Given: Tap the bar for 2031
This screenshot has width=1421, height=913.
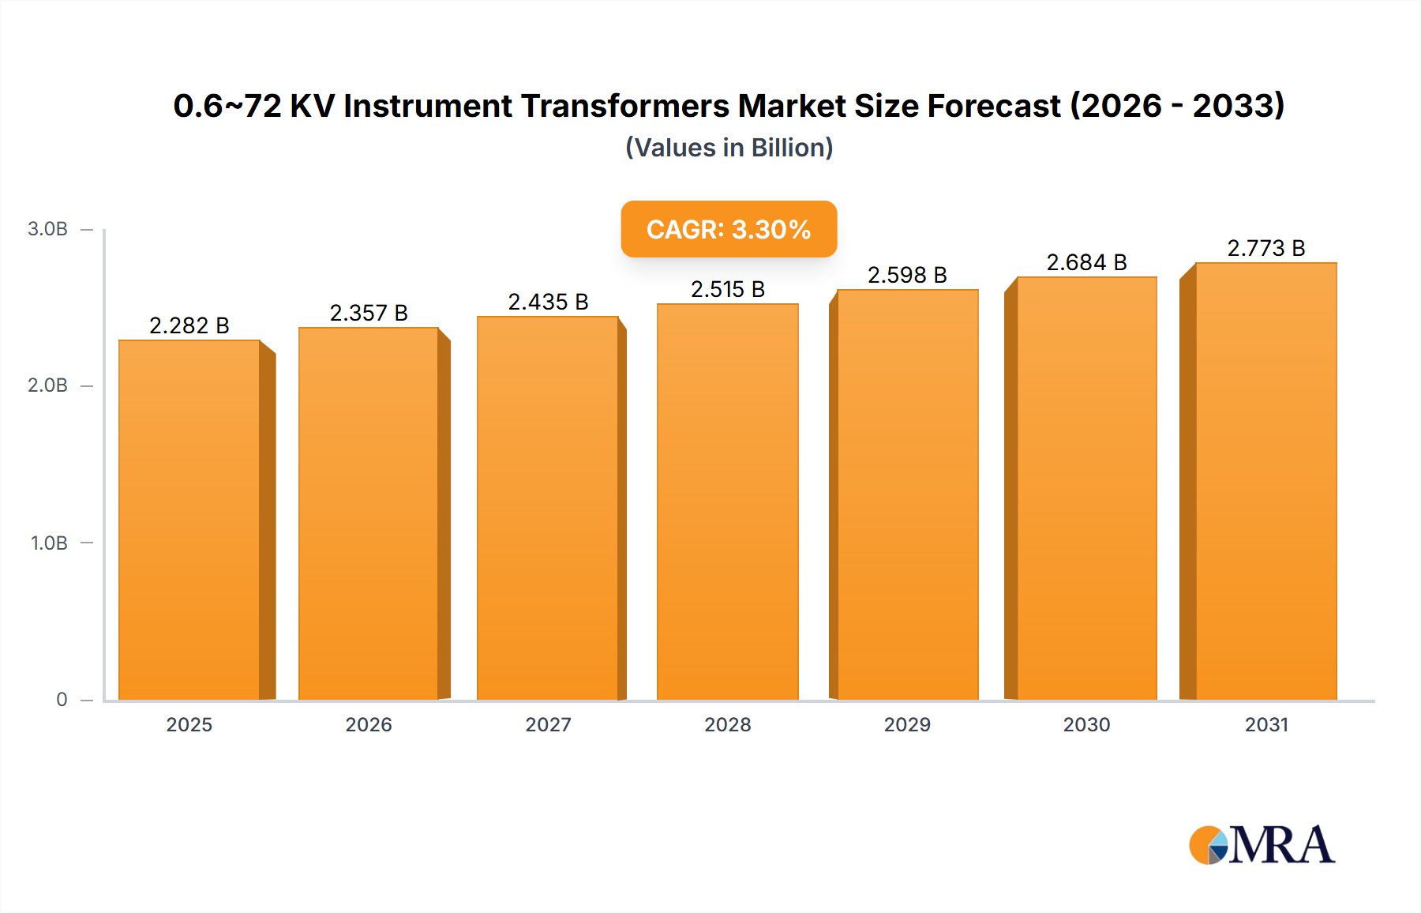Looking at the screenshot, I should pos(1265,481).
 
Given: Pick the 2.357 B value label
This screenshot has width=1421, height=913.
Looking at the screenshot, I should pos(369,313).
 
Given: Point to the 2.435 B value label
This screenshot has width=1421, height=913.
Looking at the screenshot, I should pos(548,302).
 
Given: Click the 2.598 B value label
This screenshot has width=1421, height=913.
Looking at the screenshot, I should pos(907,275).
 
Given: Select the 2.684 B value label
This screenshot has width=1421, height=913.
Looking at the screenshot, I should pos(1086,262).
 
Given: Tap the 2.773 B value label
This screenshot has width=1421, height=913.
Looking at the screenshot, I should pos(1265,248).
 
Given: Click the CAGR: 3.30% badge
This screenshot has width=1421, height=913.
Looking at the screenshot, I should pos(729,229).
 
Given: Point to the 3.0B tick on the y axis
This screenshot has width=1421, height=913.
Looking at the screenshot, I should pos(47,229).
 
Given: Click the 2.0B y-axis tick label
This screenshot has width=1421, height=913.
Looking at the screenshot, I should pos(47,385).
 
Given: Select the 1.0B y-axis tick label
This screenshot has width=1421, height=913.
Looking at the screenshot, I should pos(49,543).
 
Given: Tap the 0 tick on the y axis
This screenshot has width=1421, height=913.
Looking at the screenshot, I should pos(62,699).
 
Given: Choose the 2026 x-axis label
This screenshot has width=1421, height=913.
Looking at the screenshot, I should pos(369,724).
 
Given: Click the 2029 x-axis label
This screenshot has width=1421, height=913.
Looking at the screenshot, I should pos(907,724).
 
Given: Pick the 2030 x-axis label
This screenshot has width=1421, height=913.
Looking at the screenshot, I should pos(1086,724).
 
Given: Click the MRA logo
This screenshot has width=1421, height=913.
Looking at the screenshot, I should pos(1262,845).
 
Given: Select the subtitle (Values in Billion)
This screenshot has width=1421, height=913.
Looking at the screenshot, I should pos(729,148).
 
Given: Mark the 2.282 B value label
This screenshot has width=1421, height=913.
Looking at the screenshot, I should pos(189,325).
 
